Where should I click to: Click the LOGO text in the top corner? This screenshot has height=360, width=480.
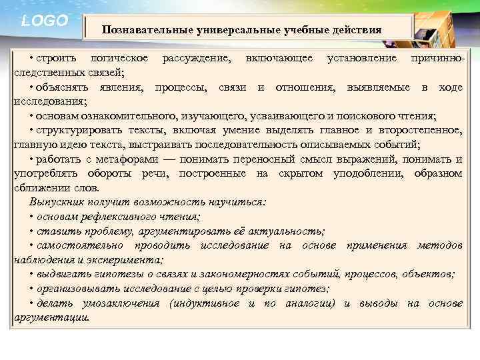pyautogui.click(x=45, y=21)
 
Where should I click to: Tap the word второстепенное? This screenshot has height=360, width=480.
pyautogui.click(x=418, y=131)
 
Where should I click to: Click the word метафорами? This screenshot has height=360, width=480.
pyautogui.click(x=131, y=159)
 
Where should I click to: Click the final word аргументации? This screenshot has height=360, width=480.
pyautogui.click(x=51, y=317)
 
